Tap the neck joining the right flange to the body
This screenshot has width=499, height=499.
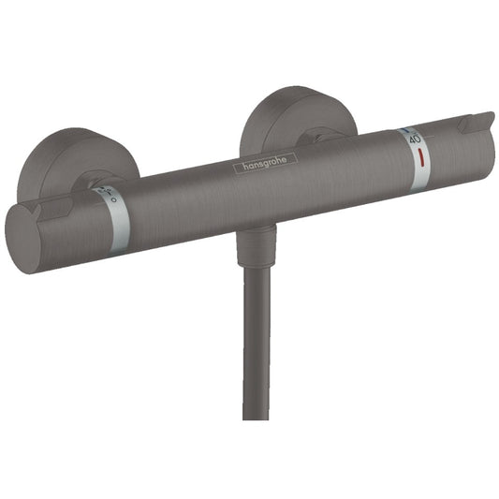pos(324,139)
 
